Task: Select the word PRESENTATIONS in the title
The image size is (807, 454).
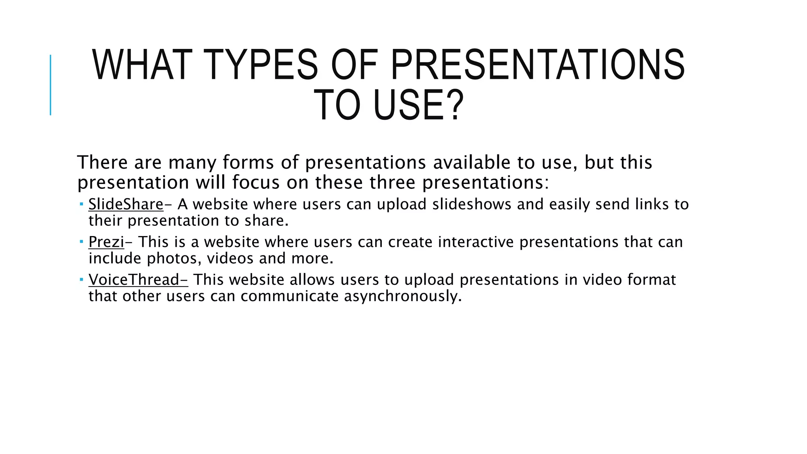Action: [537, 65]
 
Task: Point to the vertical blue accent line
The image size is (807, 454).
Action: [50, 85]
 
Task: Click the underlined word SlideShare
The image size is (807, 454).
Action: [126, 204]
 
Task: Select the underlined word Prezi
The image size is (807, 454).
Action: [106, 242]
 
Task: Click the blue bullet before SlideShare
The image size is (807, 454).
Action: [81, 204]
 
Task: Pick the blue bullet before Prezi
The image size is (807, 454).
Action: [81, 241]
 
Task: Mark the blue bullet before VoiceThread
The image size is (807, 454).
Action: [81, 279]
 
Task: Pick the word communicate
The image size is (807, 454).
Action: [290, 296]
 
